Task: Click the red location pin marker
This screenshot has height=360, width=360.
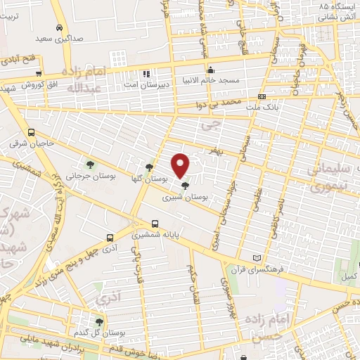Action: pyautogui.click(x=181, y=165)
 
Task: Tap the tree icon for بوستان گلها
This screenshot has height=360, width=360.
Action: pyautogui.click(x=150, y=167)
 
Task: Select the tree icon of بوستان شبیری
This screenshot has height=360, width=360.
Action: pyautogui.click(x=185, y=186)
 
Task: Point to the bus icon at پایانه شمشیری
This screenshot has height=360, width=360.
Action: pyautogui.click(x=155, y=225)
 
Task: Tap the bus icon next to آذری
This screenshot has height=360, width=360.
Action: pyautogui.click(x=109, y=238)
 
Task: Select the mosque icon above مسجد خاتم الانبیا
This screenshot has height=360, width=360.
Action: pyautogui.click(x=210, y=69)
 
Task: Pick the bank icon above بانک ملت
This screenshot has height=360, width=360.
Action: pyautogui.click(x=262, y=96)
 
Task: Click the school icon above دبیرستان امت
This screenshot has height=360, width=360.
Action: pyautogui.click(x=147, y=73)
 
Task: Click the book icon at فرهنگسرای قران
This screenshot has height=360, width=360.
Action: pyautogui.click(x=265, y=258)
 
